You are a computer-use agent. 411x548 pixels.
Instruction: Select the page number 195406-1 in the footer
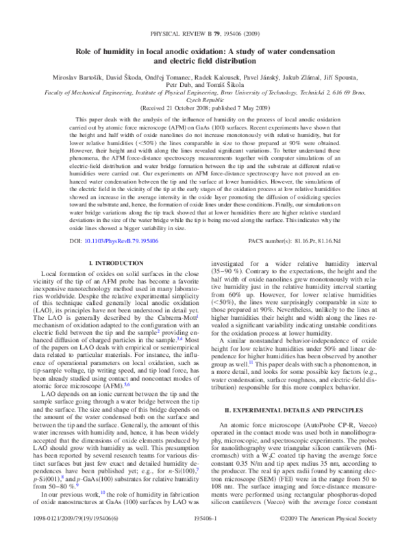[206, 539]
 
